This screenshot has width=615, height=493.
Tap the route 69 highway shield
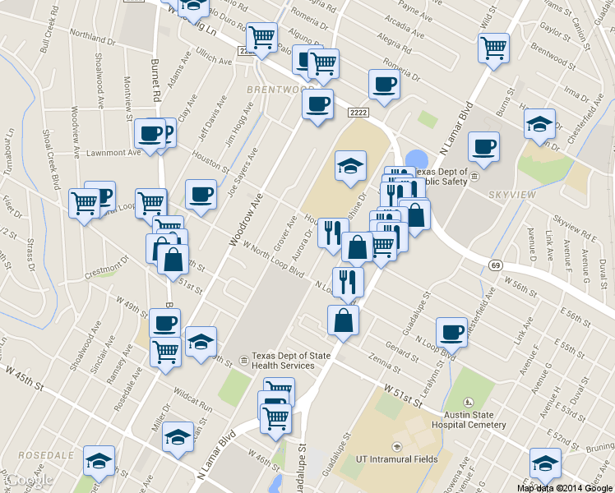pyautogui.click(x=496, y=265)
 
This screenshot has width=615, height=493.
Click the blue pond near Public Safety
pyautogui.click(x=417, y=159)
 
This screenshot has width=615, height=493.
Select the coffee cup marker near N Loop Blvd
pyautogui.click(x=451, y=331)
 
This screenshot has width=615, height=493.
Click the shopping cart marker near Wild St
pyautogui.click(x=493, y=47)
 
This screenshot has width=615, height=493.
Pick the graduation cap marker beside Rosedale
pyautogui.click(x=99, y=462)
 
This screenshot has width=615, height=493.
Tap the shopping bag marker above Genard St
pyautogui.click(x=343, y=320)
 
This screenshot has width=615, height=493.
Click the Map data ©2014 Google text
pyautogui.click(x=563, y=487)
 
